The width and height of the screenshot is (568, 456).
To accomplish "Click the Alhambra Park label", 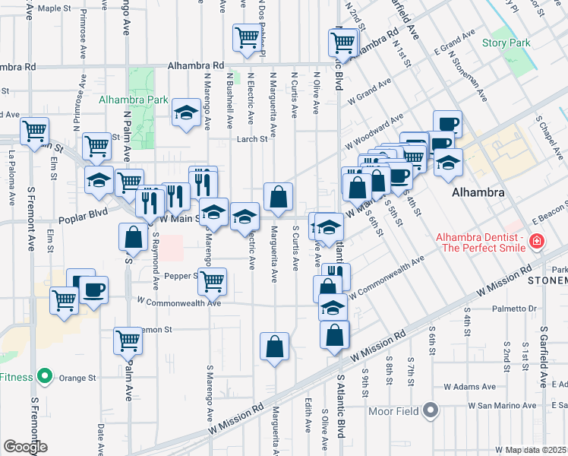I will [133, 100].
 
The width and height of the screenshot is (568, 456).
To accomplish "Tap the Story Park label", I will [506, 43].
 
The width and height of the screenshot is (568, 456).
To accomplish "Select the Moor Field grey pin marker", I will [431, 411].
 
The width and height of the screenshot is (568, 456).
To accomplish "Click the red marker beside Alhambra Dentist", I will [537, 242].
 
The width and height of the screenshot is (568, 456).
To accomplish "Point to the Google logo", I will [25, 447].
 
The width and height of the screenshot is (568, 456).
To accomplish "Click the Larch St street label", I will [252, 139].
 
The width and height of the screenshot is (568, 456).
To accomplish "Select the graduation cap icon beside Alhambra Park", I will [185, 114].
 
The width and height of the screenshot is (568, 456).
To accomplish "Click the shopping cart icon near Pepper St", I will [212, 280].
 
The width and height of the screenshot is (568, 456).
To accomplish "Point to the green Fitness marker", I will [45, 376].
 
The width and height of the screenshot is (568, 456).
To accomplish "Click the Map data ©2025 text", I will [535, 449].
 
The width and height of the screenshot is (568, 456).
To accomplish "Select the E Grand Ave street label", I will [455, 43].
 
